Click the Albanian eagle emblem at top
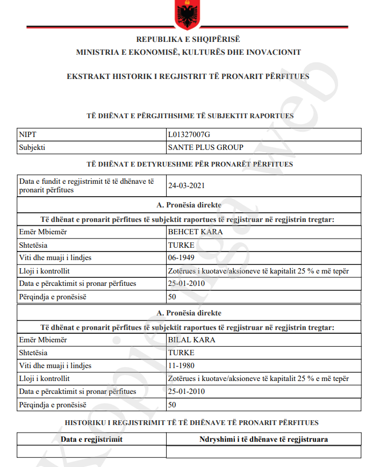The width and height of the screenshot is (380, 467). point(188,15)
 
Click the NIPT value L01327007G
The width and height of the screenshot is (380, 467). point(193,134)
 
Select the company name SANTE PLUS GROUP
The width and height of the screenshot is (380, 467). point(205,147)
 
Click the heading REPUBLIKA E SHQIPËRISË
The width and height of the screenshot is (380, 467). point(188,39)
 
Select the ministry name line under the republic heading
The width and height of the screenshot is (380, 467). point(188,52)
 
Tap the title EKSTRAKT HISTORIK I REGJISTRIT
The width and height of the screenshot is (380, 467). point(188,76)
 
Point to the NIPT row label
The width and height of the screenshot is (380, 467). point(27,134)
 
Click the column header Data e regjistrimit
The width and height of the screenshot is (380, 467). point(91,440)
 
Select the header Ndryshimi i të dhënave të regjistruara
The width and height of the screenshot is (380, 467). point(263,440)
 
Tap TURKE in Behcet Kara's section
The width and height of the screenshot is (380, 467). point(181,245)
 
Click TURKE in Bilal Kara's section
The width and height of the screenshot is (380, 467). point(181,353)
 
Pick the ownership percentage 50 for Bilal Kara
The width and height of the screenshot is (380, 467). point(173,404)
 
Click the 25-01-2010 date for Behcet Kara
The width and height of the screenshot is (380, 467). point(187,283)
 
